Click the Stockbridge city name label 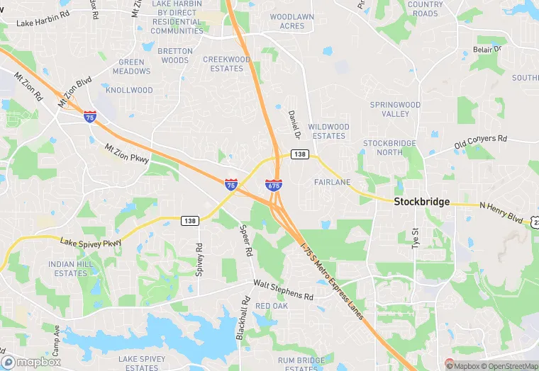(421, 202)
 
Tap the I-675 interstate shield (274, 185)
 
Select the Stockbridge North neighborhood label (389, 147)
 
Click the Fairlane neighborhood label (332, 182)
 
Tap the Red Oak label (272, 306)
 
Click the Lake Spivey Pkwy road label (91, 243)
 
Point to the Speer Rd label (246, 241)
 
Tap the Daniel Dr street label (294, 124)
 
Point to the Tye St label (416, 238)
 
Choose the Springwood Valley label (395, 109)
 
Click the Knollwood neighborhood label (129, 91)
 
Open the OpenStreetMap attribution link (505, 365)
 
